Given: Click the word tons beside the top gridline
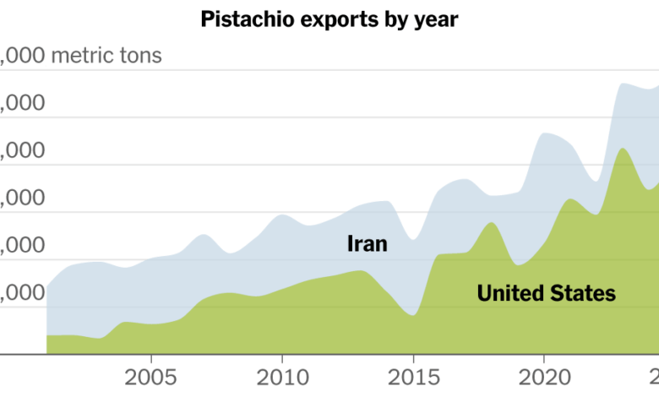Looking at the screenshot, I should tap(139, 57).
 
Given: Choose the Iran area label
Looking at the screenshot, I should tap(367, 244).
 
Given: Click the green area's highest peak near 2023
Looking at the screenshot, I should tap(622, 149).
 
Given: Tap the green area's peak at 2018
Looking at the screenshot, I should tap(491, 223).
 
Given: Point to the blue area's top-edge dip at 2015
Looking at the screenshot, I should tap(412, 239).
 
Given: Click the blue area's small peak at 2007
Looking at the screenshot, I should tap(204, 235).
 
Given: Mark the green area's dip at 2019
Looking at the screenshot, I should tap(516, 263).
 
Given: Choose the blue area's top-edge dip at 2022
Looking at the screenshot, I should tap(595, 181).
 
